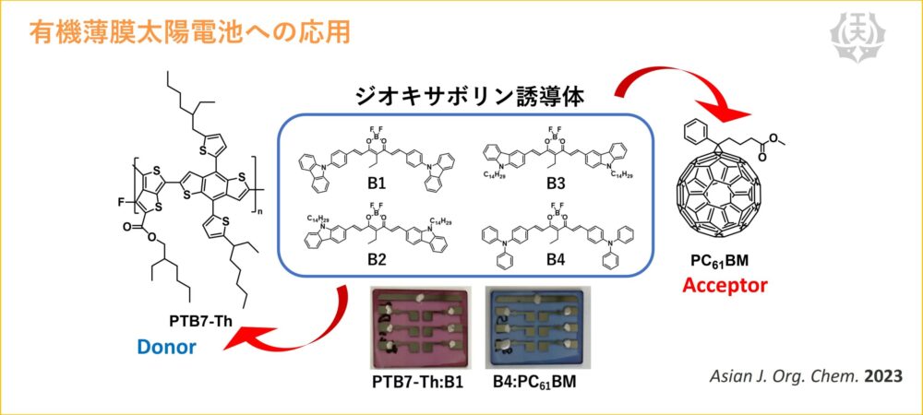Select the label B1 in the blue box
376,183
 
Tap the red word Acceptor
725,285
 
